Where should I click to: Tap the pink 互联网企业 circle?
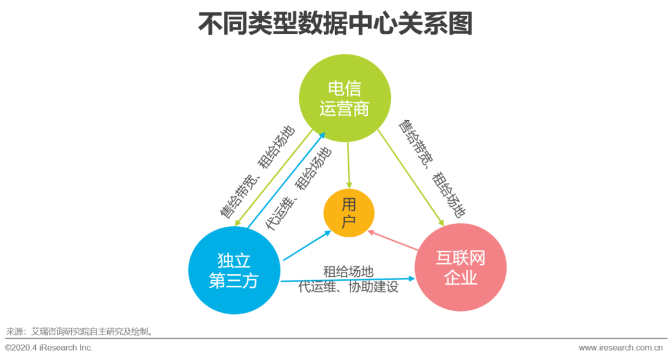(460, 268)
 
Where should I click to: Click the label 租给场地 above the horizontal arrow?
(348, 272)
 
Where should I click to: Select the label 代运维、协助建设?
(348, 288)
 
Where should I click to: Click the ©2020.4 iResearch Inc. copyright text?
(49, 348)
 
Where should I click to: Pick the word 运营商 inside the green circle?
(344, 109)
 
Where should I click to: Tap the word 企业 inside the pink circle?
(460, 278)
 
